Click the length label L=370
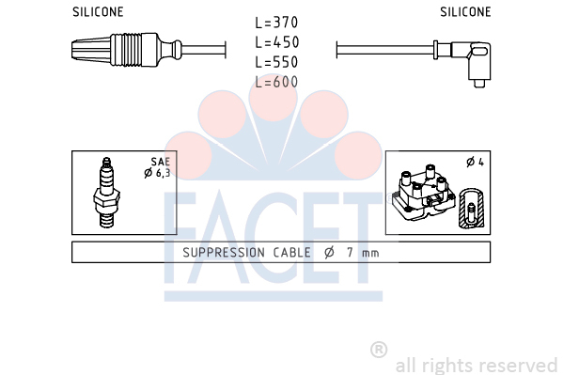pyautogui.click(x=276, y=23)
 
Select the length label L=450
pyautogui.click(x=277, y=42)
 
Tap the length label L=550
pyautogui.click(x=276, y=62)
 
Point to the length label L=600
pyautogui.click(x=276, y=82)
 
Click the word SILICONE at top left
pyautogui.click(x=98, y=12)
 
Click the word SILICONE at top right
pyautogui.click(x=465, y=12)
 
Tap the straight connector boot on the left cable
pyautogui.click(x=127, y=50)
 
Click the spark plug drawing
pyautogui.click(x=106, y=193)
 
